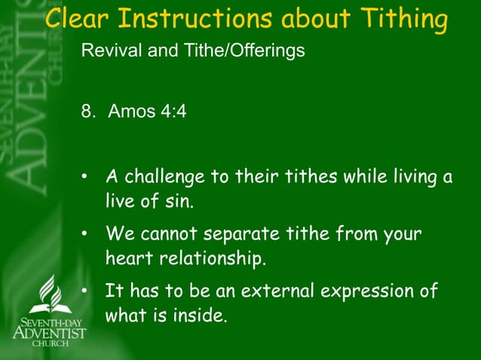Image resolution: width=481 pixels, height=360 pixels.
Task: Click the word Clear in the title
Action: coord(78,19)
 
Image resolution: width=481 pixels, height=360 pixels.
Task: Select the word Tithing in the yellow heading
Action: coord(404,19)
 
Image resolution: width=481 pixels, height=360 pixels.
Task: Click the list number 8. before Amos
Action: coord(89,112)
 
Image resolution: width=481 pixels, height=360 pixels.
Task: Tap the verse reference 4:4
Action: coord(174,112)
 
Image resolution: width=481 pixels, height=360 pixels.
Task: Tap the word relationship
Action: coord(213,258)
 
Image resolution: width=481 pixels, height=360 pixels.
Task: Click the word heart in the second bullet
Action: coord(129,258)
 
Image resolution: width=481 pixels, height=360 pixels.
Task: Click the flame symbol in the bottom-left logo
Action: coord(50,292)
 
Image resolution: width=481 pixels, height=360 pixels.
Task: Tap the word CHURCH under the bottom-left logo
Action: coord(50,343)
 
